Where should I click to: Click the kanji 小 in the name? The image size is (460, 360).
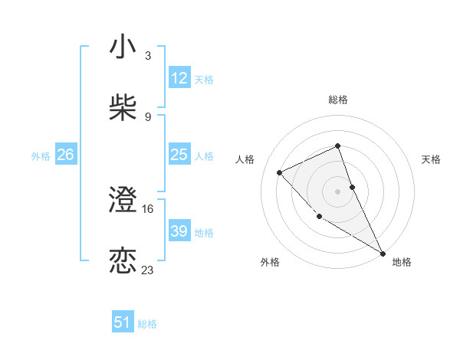click(123, 47)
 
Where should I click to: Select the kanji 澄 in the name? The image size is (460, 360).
click(123, 201)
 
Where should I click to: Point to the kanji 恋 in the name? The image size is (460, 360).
click(123, 260)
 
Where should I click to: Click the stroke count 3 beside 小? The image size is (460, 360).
click(148, 57)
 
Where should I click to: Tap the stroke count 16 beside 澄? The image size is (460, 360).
click(148, 208)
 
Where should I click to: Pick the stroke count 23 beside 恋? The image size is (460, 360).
click(148, 270)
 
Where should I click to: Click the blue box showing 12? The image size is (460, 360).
click(179, 78)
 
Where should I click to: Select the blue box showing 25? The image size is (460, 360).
click(179, 155)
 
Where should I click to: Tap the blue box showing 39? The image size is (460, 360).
click(179, 231)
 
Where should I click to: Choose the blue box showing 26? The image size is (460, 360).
click(66, 155)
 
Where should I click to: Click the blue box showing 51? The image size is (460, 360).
click(123, 322)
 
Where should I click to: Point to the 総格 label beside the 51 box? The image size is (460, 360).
click(148, 324)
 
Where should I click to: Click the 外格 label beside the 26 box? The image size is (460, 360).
click(41, 156)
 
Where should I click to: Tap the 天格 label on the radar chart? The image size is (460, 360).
click(432, 159)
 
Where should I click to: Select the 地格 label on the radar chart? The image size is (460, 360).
click(402, 262)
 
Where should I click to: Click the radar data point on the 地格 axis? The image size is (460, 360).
click(383, 253)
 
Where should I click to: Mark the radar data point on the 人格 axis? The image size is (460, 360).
click(280, 172)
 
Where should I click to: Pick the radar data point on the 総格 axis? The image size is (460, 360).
click(337, 146)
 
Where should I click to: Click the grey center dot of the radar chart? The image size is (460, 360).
click(337, 191)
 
